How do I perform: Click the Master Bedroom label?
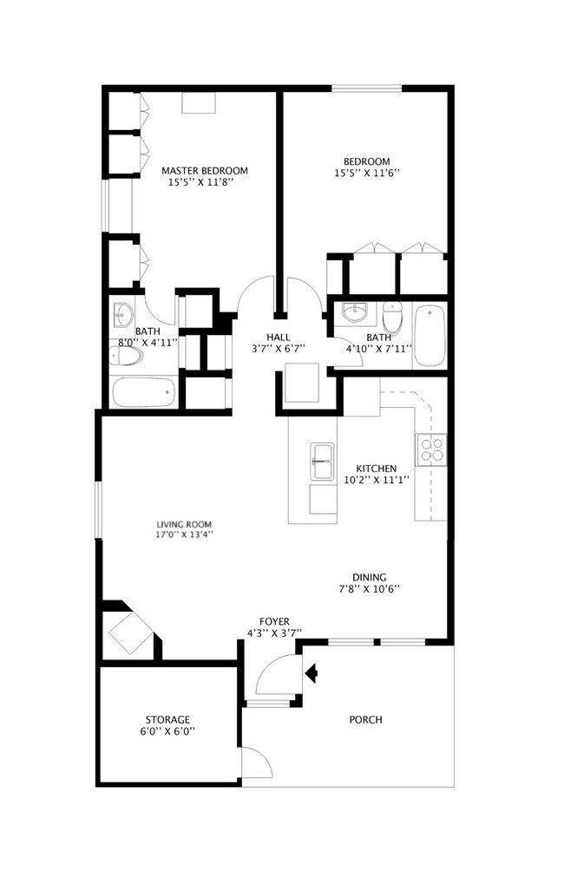[205, 170]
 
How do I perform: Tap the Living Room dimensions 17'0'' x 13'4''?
[184, 535]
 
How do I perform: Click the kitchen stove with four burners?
[431, 449]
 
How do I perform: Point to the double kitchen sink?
[324, 462]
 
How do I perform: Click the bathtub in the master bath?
[144, 393]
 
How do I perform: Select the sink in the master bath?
[123, 313]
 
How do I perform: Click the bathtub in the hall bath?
[430, 336]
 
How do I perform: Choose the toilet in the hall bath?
[392, 318]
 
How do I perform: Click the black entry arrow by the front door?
[311, 672]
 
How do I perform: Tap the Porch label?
[365, 719]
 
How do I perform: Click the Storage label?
[168, 719]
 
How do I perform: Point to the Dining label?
[369, 577]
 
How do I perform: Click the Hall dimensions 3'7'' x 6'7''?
[279, 349]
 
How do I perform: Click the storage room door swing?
[252, 762]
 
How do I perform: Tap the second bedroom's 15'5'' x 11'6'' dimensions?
[366, 173]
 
